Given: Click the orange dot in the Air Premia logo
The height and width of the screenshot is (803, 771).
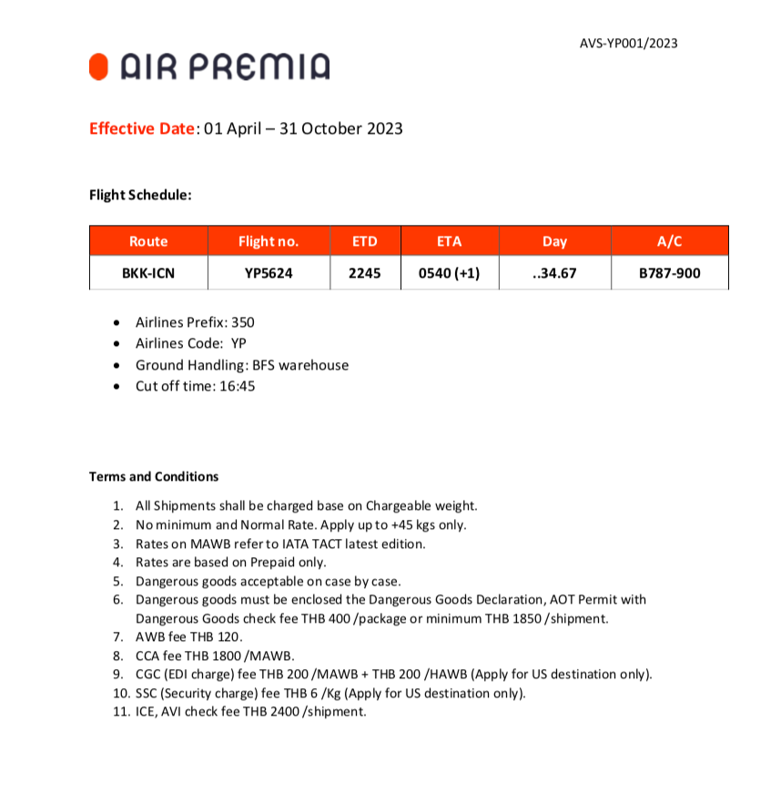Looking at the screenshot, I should pyautogui.click(x=100, y=66).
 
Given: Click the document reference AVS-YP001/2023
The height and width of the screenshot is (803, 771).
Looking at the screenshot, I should pyautogui.click(x=628, y=43).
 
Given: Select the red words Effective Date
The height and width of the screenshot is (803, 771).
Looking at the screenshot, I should pyautogui.click(x=142, y=128).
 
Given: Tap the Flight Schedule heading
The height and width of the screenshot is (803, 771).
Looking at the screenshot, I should pyautogui.click(x=140, y=194).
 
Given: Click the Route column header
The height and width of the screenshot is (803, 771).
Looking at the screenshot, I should pyautogui.click(x=148, y=241).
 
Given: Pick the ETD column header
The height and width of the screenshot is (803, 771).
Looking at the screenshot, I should pyautogui.click(x=364, y=241).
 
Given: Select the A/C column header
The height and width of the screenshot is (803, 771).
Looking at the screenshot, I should pyautogui.click(x=669, y=241).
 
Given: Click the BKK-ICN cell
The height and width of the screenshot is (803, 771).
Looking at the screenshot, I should pyautogui.click(x=148, y=272).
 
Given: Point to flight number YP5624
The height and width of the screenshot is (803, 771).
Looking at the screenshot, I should pyautogui.click(x=269, y=272).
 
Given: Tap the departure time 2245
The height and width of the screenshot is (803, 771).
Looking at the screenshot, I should pyautogui.click(x=364, y=272).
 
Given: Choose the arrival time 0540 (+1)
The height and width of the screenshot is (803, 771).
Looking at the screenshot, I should pyautogui.click(x=450, y=272).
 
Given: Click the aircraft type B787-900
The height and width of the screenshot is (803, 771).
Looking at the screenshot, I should pyautogui.click(x=669, y=272).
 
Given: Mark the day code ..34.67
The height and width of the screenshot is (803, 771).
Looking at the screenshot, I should pyautogui.click(x=554, y=272).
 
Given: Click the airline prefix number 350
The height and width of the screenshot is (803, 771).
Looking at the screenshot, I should pyautogui.click(x=243, y=322).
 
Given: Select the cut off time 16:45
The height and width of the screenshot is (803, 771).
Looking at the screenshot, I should pyautogui.click(x=234, y=385).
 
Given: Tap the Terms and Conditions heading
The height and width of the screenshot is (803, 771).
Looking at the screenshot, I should pyautogui.click(x=154, y=476).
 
